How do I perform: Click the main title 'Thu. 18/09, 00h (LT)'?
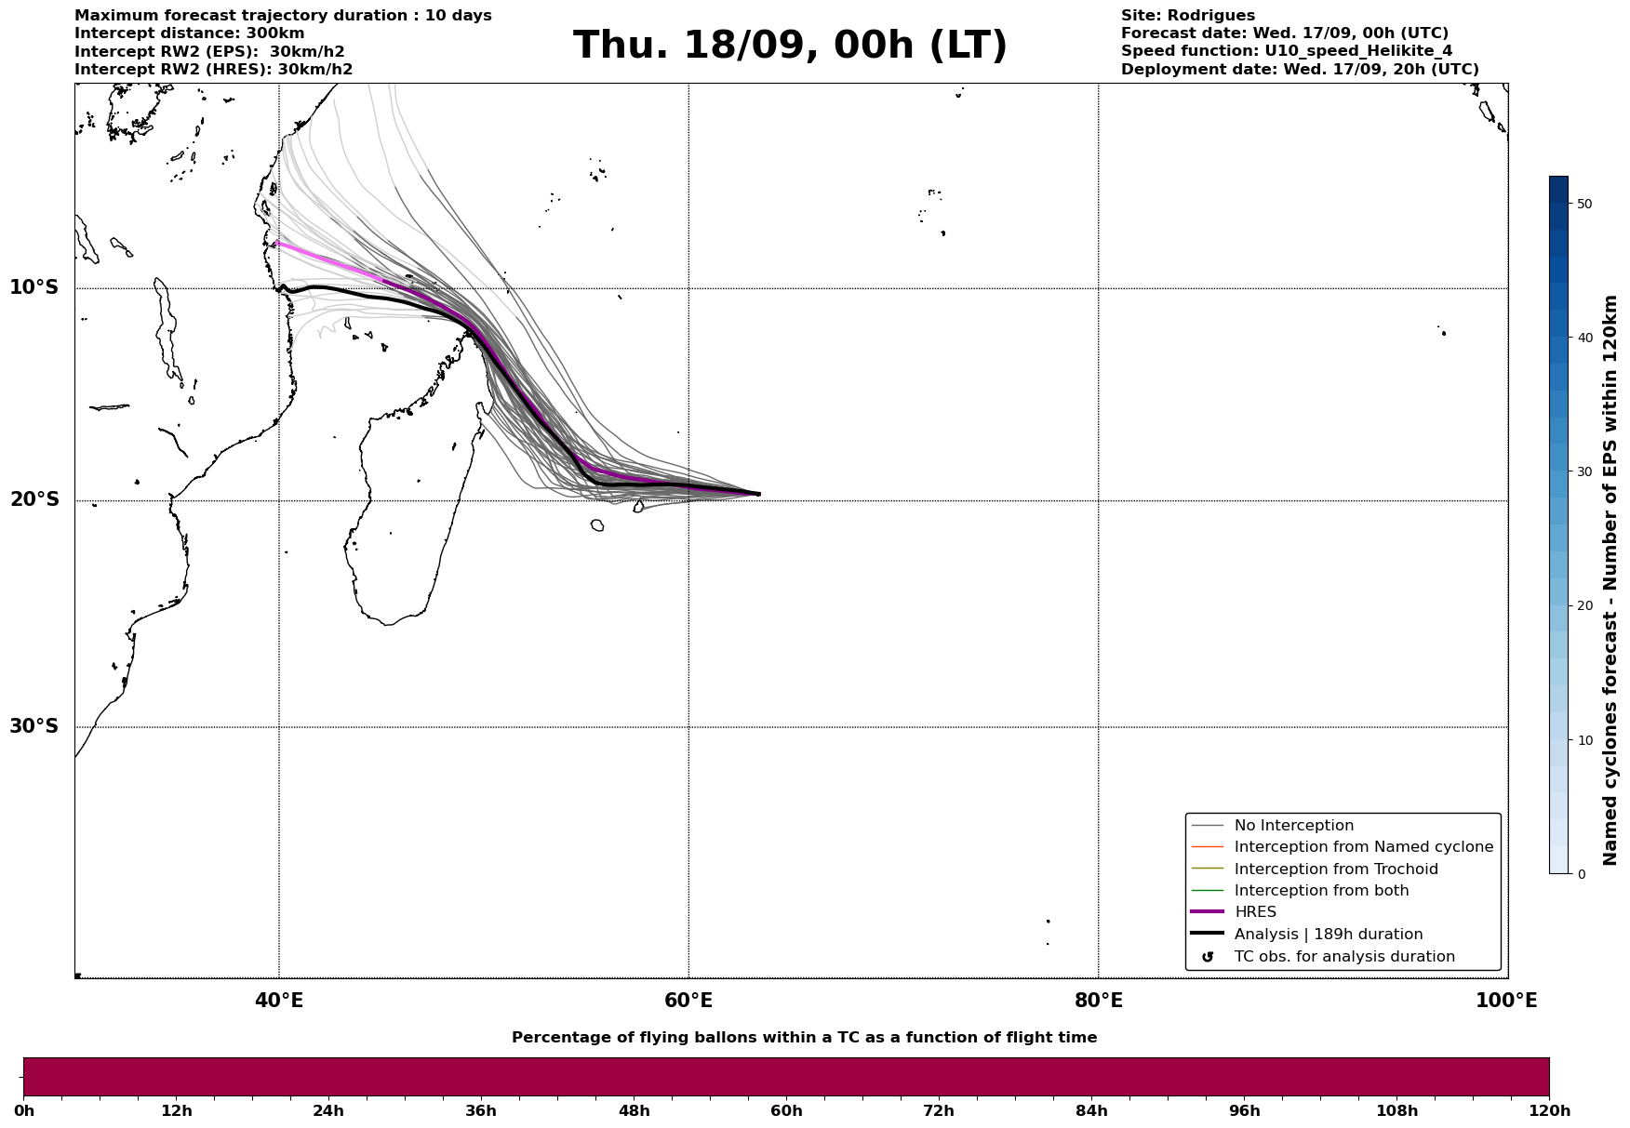(790, 46)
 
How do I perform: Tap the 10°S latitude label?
(34, 287)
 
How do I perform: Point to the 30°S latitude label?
(34, 726)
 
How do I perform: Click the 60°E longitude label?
(688, 1001)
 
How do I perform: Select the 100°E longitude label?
(1506, 1001)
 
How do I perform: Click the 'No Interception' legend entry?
(1293, 826)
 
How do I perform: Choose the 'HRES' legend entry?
(1255, 912)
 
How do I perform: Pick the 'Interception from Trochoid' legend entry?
(1335, 869)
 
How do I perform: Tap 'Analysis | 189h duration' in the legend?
(1328, 935)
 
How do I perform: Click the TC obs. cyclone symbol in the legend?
(1208, 957)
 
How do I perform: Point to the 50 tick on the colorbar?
(1585, 204)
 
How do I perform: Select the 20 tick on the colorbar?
(1585, 606)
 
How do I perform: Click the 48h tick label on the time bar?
(634, 1111)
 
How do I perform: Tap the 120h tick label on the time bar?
(1549, 1111)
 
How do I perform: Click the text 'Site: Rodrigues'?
(1187, 16)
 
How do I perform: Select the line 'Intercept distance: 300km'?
(189, 33)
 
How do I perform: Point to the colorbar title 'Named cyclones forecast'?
(1610, 580)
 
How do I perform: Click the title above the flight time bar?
(804, 1038)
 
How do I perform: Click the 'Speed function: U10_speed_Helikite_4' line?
(1286, 51)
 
